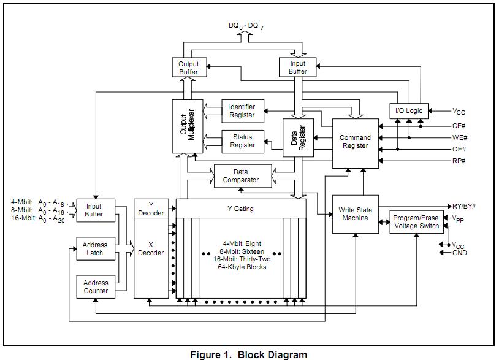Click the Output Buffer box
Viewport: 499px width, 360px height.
coord(188,67)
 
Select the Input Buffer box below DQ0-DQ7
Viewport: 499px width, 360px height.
coord(297,67)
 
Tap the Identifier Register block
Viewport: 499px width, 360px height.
coord(242,111)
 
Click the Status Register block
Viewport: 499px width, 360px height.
coord(242,141)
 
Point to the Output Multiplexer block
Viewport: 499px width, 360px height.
coord(188,126)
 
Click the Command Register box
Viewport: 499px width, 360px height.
coord(355,142)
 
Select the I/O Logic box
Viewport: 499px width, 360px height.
coord(409,110)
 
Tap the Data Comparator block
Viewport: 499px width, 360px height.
coord(241,176)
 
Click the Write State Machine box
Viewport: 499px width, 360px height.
coord(355,215)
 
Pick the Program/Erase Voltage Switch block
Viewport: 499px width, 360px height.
coord(416,222)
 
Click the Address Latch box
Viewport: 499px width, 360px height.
coord(94,249)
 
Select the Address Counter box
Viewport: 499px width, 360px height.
coord(95,287)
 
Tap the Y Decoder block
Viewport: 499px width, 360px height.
coord(151,209)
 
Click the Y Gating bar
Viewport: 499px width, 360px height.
coord(240,209)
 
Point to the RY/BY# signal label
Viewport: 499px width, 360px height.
coord(464,207)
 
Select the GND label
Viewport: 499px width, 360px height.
coord(460,253)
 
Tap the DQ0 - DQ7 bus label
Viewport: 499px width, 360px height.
coord(248,26)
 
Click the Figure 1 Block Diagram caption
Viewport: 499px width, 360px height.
coord(248,354)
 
